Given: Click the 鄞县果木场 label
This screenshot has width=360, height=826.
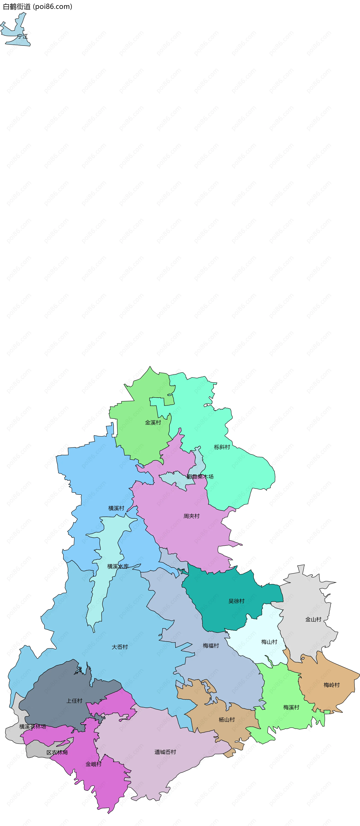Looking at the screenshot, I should pyautogui.click(x=200, y=477).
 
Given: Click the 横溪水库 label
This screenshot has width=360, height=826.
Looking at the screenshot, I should pyautogui.click(x=118, y=567).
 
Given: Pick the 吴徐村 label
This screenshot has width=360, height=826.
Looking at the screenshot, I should pyautogui.click(x=236, y=601).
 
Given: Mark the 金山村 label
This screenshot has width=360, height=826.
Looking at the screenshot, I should pyautogui.click(x=313, y=619).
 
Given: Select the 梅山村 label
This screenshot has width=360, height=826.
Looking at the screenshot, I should pyautogui.click(x=269, y=642).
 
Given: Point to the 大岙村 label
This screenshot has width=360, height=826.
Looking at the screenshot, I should pyautogui.click(x=120, y=647).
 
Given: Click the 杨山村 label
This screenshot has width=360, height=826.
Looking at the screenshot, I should pyautogui.click(x=227, y=720).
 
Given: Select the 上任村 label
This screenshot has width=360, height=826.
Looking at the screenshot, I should pyautogui.click(x=74, y=701).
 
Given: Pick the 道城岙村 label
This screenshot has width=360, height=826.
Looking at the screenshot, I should pyautogui.click(x=165, y=752).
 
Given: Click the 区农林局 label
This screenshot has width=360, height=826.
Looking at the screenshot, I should pyautogui.click(x=57, y=752).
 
